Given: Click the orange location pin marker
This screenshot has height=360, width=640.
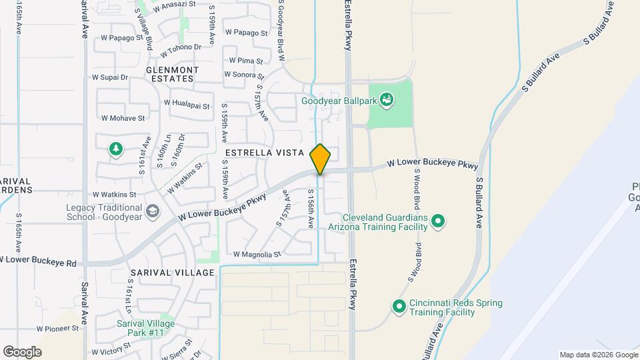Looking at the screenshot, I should coord(320,159).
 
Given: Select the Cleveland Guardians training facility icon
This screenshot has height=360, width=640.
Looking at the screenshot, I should coord(438,221).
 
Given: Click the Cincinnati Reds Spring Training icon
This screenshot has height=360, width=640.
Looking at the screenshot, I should coord(399,307).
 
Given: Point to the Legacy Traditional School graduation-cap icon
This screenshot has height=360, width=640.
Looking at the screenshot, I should coord(152,211).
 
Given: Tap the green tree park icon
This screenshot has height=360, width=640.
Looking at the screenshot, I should coord(116,149).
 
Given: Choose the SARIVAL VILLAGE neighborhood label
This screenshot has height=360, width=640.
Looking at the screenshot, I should coord(173,273).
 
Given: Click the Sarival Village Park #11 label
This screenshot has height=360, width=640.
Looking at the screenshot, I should coord(140,328).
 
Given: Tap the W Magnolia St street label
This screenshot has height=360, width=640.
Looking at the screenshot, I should coord(257,254).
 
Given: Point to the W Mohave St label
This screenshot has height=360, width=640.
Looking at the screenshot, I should coord(123,118).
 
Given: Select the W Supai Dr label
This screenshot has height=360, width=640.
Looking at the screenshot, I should coord(110,77).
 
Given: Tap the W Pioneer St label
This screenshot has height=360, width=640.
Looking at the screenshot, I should coord(58,329).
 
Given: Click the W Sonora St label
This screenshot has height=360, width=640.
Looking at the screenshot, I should coord(244,75).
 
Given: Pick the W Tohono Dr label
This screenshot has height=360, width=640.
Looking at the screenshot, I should coord(179,47).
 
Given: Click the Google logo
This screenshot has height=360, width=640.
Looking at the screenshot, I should coord(22,351).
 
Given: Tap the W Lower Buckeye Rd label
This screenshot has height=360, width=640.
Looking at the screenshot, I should coord(38,259).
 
